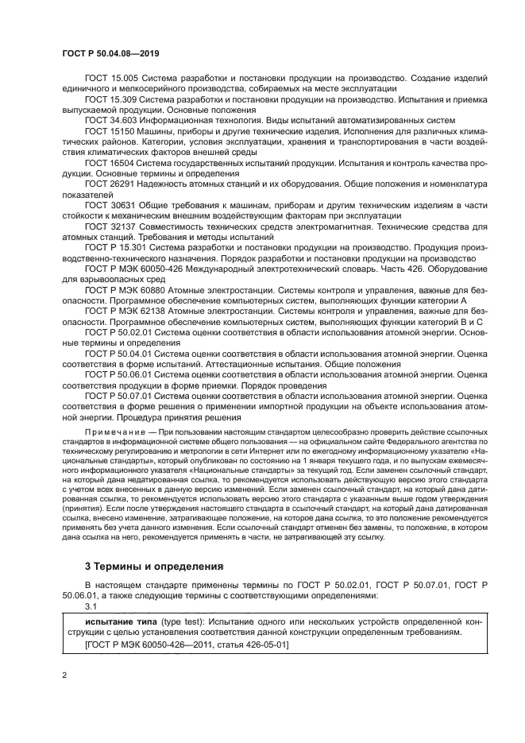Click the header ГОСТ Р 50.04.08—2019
pos(109,51)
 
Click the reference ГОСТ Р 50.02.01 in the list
pos(119,333)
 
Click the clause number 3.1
pos(90,605)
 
